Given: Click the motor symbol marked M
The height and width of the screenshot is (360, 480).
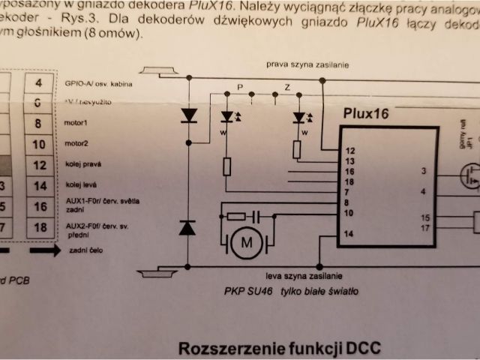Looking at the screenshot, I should coord(244,243).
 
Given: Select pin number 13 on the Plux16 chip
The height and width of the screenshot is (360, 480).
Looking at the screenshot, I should coord(349,160).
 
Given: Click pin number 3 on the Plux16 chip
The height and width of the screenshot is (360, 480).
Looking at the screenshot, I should coord(424,171).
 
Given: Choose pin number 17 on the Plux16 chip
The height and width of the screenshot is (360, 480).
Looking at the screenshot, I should coord(425,227).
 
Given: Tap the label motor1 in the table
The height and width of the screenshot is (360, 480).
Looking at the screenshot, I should coord(77,122).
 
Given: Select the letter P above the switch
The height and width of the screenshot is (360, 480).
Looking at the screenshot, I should coord(241,88).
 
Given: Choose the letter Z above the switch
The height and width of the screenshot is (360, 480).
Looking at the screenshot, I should coord(287,88).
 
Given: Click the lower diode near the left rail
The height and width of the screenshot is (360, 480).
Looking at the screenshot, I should coord(187,228).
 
